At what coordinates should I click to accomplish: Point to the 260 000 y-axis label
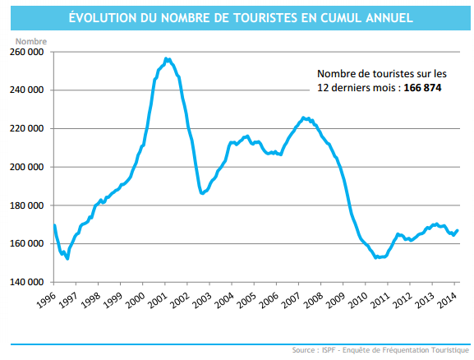tap(27, 52)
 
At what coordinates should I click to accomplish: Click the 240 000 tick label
tap(27, 90)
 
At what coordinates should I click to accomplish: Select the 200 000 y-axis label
tap(27, 167)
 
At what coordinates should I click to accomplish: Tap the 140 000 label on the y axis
tap(27, 282)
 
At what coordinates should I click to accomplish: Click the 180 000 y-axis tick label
tap(27, 205)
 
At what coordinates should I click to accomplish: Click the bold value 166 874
tap(422, 87)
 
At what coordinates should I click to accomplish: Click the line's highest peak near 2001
tap(166, 58)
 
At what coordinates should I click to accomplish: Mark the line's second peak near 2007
tap(303, 118)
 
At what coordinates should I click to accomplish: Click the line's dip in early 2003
tap(202, 193)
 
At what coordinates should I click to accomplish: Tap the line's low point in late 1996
tap(67, 259)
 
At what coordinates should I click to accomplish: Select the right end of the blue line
tap(458, 230)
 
